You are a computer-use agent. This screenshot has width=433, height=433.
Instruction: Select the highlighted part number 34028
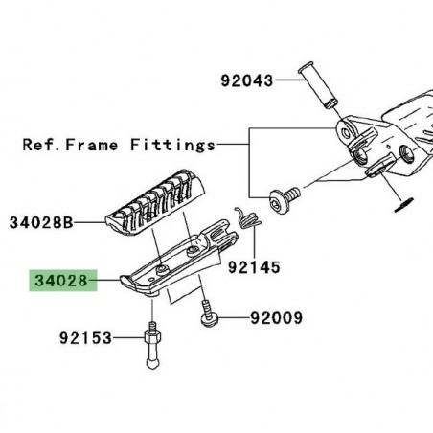(x=61, y=283)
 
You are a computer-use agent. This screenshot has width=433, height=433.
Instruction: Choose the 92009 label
(x=280, y=317)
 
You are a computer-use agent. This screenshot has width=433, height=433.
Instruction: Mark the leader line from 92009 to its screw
(x=234, y=317)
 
